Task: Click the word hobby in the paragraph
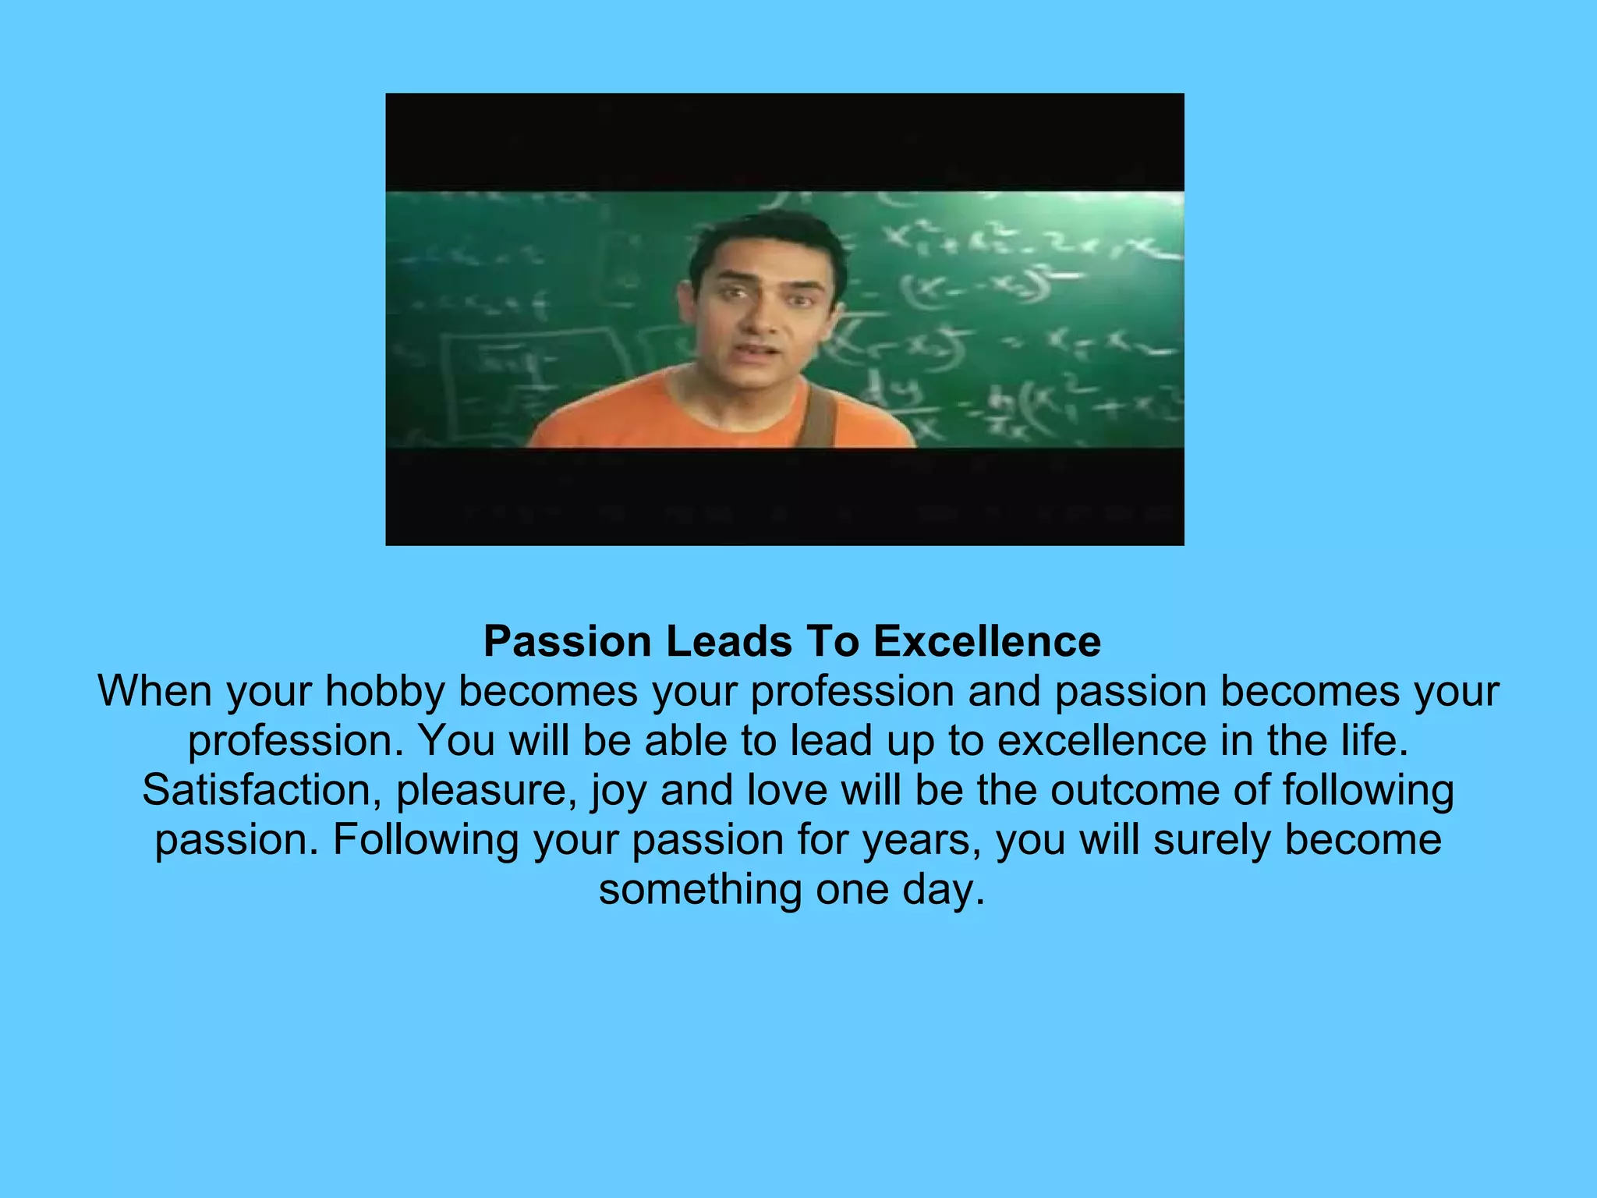click(385, 692)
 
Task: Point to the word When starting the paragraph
click(155, 692)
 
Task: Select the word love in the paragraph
click(787, 790)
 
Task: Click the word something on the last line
click(699, 890)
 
